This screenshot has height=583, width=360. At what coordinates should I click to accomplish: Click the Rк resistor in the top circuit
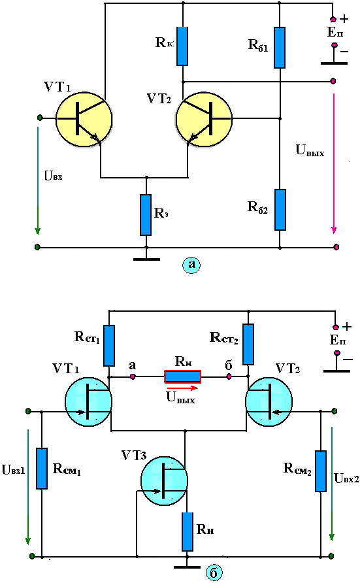(182, 46)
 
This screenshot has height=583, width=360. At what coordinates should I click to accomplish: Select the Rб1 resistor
(280, 48)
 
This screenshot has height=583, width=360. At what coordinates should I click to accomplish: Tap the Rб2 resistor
(280, 210)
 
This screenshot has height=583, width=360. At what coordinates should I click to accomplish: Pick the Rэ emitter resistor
(146, 215)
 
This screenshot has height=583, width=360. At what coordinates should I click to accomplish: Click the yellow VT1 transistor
(84, 120)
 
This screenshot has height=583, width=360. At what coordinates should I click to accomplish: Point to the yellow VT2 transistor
(204, 120)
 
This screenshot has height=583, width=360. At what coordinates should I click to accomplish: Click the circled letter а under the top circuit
(191, 264)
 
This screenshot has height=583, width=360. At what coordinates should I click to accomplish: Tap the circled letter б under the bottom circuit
(213, 573)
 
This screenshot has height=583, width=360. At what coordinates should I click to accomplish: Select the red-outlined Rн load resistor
(182, 376)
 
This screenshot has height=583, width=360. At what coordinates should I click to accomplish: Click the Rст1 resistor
(109, 346)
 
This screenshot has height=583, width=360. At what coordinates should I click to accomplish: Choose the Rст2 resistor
(248, 344)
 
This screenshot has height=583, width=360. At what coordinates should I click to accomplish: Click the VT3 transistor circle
(164, 481)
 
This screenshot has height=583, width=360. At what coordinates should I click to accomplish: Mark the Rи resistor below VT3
(188, 531)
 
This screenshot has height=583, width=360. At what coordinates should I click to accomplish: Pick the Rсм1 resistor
(42, 469)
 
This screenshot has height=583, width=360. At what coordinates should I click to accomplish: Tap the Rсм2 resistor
(321, 471)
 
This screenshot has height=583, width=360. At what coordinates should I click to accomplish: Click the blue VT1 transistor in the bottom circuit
(88, 401)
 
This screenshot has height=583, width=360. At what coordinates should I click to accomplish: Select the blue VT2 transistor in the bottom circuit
(269, 401)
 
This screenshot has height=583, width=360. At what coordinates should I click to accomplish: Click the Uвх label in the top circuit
(54, 176)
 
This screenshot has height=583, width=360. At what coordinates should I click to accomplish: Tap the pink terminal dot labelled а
(132, 377)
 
